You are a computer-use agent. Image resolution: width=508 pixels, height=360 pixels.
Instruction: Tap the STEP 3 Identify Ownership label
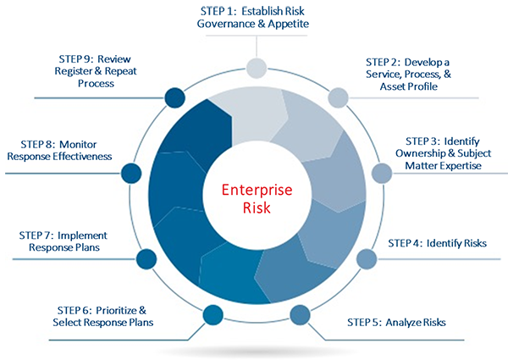click(443, 152)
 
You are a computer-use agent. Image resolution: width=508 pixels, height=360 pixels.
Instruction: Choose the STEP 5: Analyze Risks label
click(396, 322)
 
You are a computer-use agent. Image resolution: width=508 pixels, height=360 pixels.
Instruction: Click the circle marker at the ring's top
click(254, 68)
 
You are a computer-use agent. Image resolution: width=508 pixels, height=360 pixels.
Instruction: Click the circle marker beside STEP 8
click(130, 173)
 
